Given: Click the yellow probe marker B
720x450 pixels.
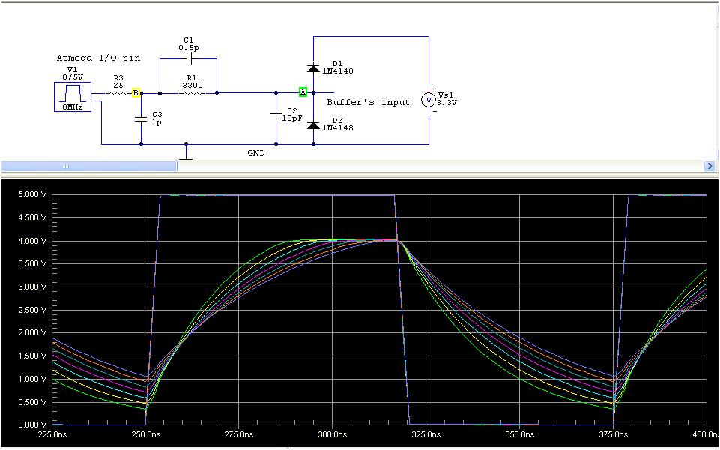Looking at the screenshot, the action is [x=136, y=93].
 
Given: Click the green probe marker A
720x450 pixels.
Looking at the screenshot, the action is [x=303, y=92].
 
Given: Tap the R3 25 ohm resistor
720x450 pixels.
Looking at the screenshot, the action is [x=118, y=93].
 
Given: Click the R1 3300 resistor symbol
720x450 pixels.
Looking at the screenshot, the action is [x=193, y=93].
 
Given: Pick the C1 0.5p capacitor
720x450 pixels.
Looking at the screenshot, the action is [x=188, y=58].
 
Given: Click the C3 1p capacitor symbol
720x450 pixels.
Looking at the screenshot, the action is [x=141, y=118].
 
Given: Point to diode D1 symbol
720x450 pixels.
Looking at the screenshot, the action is [x=313, y=68].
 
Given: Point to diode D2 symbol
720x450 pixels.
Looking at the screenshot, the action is [x=313, y=124].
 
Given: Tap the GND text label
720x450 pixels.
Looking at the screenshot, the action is [x=256, y=153].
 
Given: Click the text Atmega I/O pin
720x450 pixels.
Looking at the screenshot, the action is [x=93, y=58].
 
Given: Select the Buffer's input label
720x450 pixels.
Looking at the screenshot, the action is [x=368, y=102].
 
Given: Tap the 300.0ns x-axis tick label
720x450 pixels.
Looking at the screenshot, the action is [x=331, y=434].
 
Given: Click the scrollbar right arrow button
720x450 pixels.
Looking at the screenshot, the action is [x=710, y=166].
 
